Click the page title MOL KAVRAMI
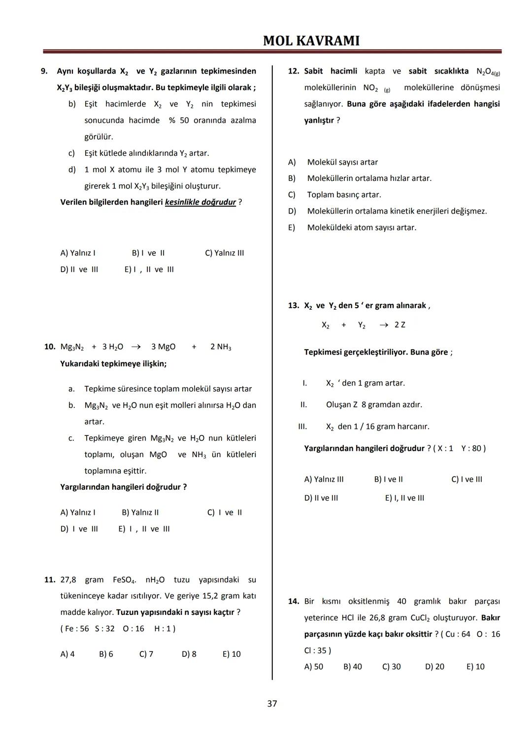(x=311, y=40)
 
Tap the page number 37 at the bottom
(x=272, y=704)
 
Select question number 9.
(x=44, y=71)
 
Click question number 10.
(x=50, y=347)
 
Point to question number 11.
(x=50, y=579)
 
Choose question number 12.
(x=294, y=71)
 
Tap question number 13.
(x=294, y=305)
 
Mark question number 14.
(x=294, y=601)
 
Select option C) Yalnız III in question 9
(x=224, y=253)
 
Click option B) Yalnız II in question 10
(x=140, y=512)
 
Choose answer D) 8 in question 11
(x=189, y=654)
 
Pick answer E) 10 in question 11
(x=232, y=654)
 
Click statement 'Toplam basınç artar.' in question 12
(x=344, y=195)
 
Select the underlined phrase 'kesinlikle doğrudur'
(x=200, y=202)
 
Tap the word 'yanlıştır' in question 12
(x=319, y=120)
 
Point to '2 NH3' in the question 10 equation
(x=221, y=347)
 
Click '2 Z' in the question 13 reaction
(x=399, y=325)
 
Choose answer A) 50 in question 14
(x=314, y=667)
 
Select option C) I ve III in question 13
(x=466, y=479)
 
